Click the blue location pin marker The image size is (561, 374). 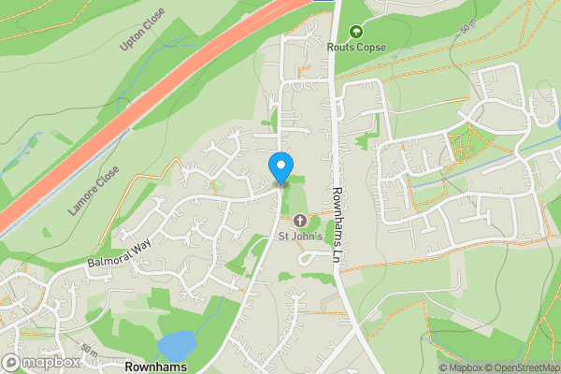[280, 166]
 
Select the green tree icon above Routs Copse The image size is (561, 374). [354, 31]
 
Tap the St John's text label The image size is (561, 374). [300, 236]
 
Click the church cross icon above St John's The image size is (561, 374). [300, 221]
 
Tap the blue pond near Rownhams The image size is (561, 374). [178, 343]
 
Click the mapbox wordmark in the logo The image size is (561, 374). [51, 362]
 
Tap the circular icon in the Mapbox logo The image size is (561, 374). [11, 362]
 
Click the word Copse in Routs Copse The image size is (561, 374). [369, 46]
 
